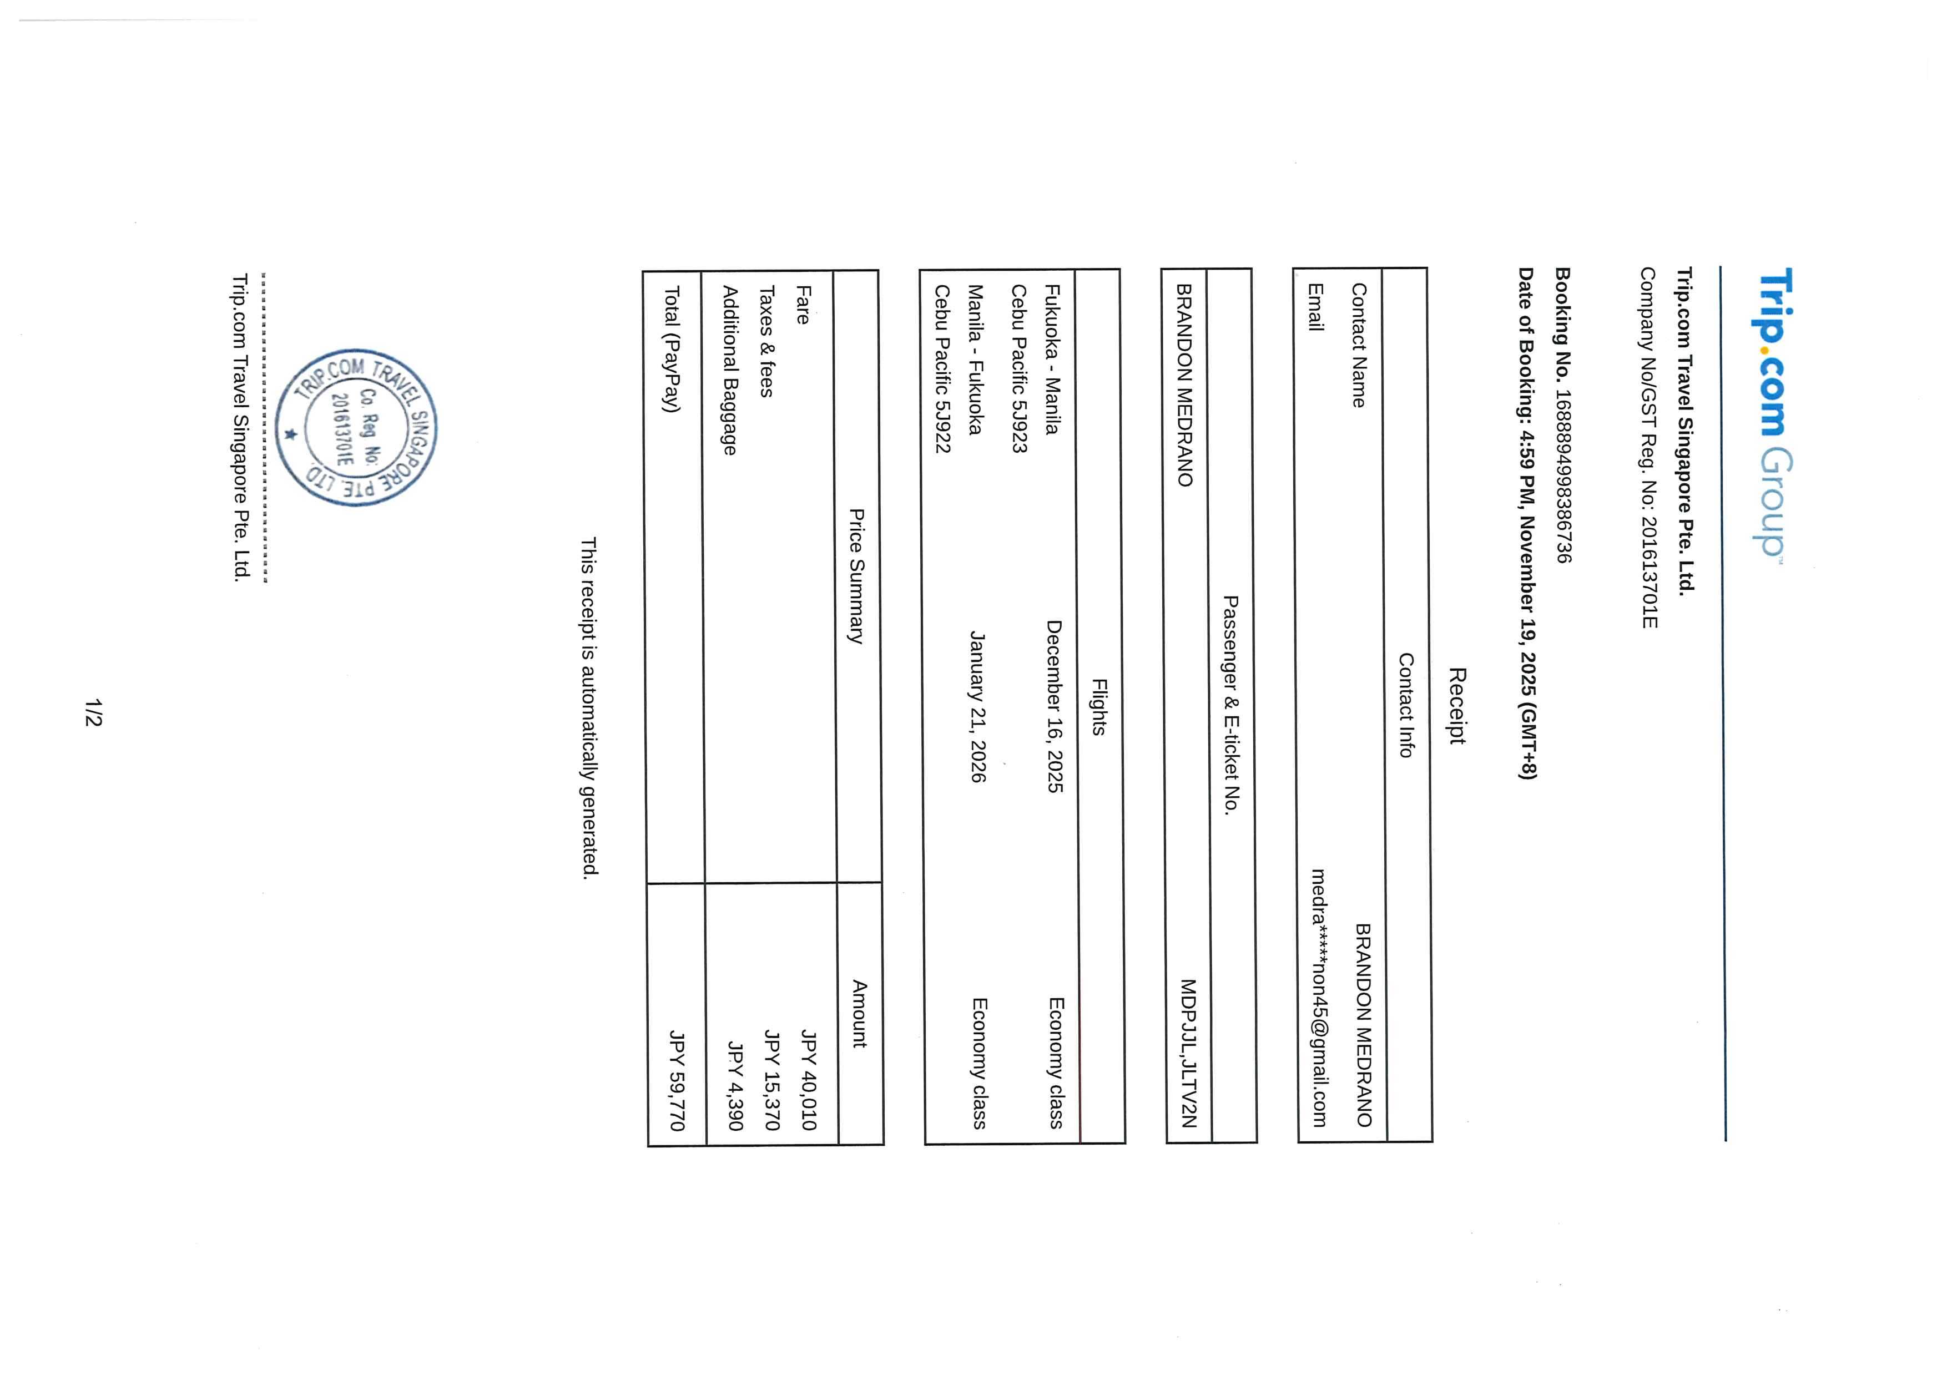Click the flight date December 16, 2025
[x=1054, y=706]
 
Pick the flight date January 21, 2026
[x=978, y=706]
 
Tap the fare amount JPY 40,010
[x=808, y=1080]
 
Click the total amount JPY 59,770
[x=676, y=1080]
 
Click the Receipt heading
[x=1457, y=705]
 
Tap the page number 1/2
[x=93, y=712]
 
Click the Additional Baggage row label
[x=728, y=371]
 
